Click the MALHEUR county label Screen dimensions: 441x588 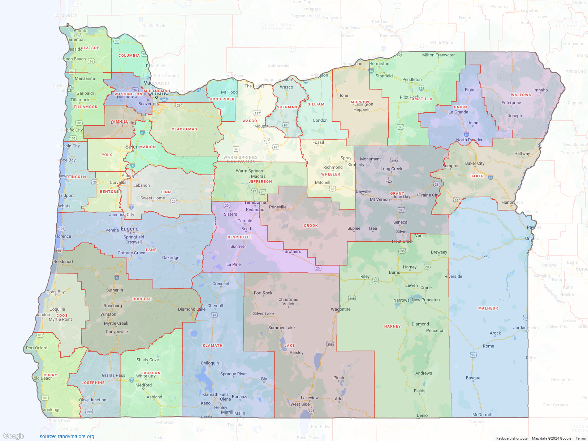[x=488, y=308]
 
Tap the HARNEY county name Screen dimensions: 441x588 [x=392, y=327]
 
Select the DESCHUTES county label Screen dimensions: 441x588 [x=239, y=237]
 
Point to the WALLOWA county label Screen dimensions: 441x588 [x=521, y=95]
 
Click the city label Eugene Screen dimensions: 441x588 [x=129, y=229]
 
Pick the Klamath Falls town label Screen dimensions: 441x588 [x=215, y=394]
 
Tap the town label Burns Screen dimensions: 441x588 [x=394, y=273]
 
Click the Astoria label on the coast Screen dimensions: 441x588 [x=81, y=31]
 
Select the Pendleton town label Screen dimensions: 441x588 [x=412, y=80]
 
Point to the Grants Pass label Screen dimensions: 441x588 [x=113, y=376]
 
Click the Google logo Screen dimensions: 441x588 [x=14, y=436]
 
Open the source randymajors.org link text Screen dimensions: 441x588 [x=67, y=436]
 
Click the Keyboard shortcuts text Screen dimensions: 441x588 [x=511, y=438]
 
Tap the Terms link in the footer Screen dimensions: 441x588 [x=580, y=438]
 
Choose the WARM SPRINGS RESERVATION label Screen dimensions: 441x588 [x=241, y=159]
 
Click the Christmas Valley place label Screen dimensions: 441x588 [x=288, y=302]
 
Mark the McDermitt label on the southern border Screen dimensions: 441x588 [x=482, y=415]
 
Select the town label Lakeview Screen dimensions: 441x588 [x=310, y=398]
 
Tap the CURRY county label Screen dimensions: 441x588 [x=50, y=375]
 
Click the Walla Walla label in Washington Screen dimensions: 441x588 [x=441, y=43]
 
